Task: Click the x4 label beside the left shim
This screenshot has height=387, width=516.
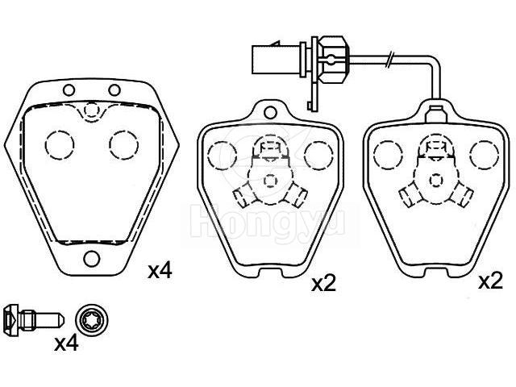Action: [160, 272]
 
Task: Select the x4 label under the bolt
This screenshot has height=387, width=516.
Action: [66, 343]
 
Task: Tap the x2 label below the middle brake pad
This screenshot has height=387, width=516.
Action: [324, 284]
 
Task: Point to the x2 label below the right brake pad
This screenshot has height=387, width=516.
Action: [491, 281]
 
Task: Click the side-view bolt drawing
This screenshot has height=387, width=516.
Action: [34, 321]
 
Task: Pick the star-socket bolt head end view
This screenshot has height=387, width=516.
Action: [92, 320]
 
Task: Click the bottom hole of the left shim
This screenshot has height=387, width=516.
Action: [91, 259]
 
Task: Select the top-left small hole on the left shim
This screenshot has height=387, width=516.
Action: [69, 89]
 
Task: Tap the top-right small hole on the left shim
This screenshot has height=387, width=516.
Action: [114, 89]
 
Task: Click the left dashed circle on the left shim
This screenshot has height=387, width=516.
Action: [60, 145]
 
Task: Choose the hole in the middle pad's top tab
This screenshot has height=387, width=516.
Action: [270, 113]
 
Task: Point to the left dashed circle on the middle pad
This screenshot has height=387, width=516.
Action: [223, 156]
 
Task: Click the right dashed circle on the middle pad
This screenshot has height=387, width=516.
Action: [319, 156]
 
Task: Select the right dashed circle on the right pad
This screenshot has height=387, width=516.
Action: [484, 155]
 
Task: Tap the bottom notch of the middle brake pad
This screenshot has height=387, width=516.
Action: [271, 273]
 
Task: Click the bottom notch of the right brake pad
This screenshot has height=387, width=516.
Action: [436, 273]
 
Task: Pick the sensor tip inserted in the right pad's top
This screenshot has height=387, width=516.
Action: [435, 114]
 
